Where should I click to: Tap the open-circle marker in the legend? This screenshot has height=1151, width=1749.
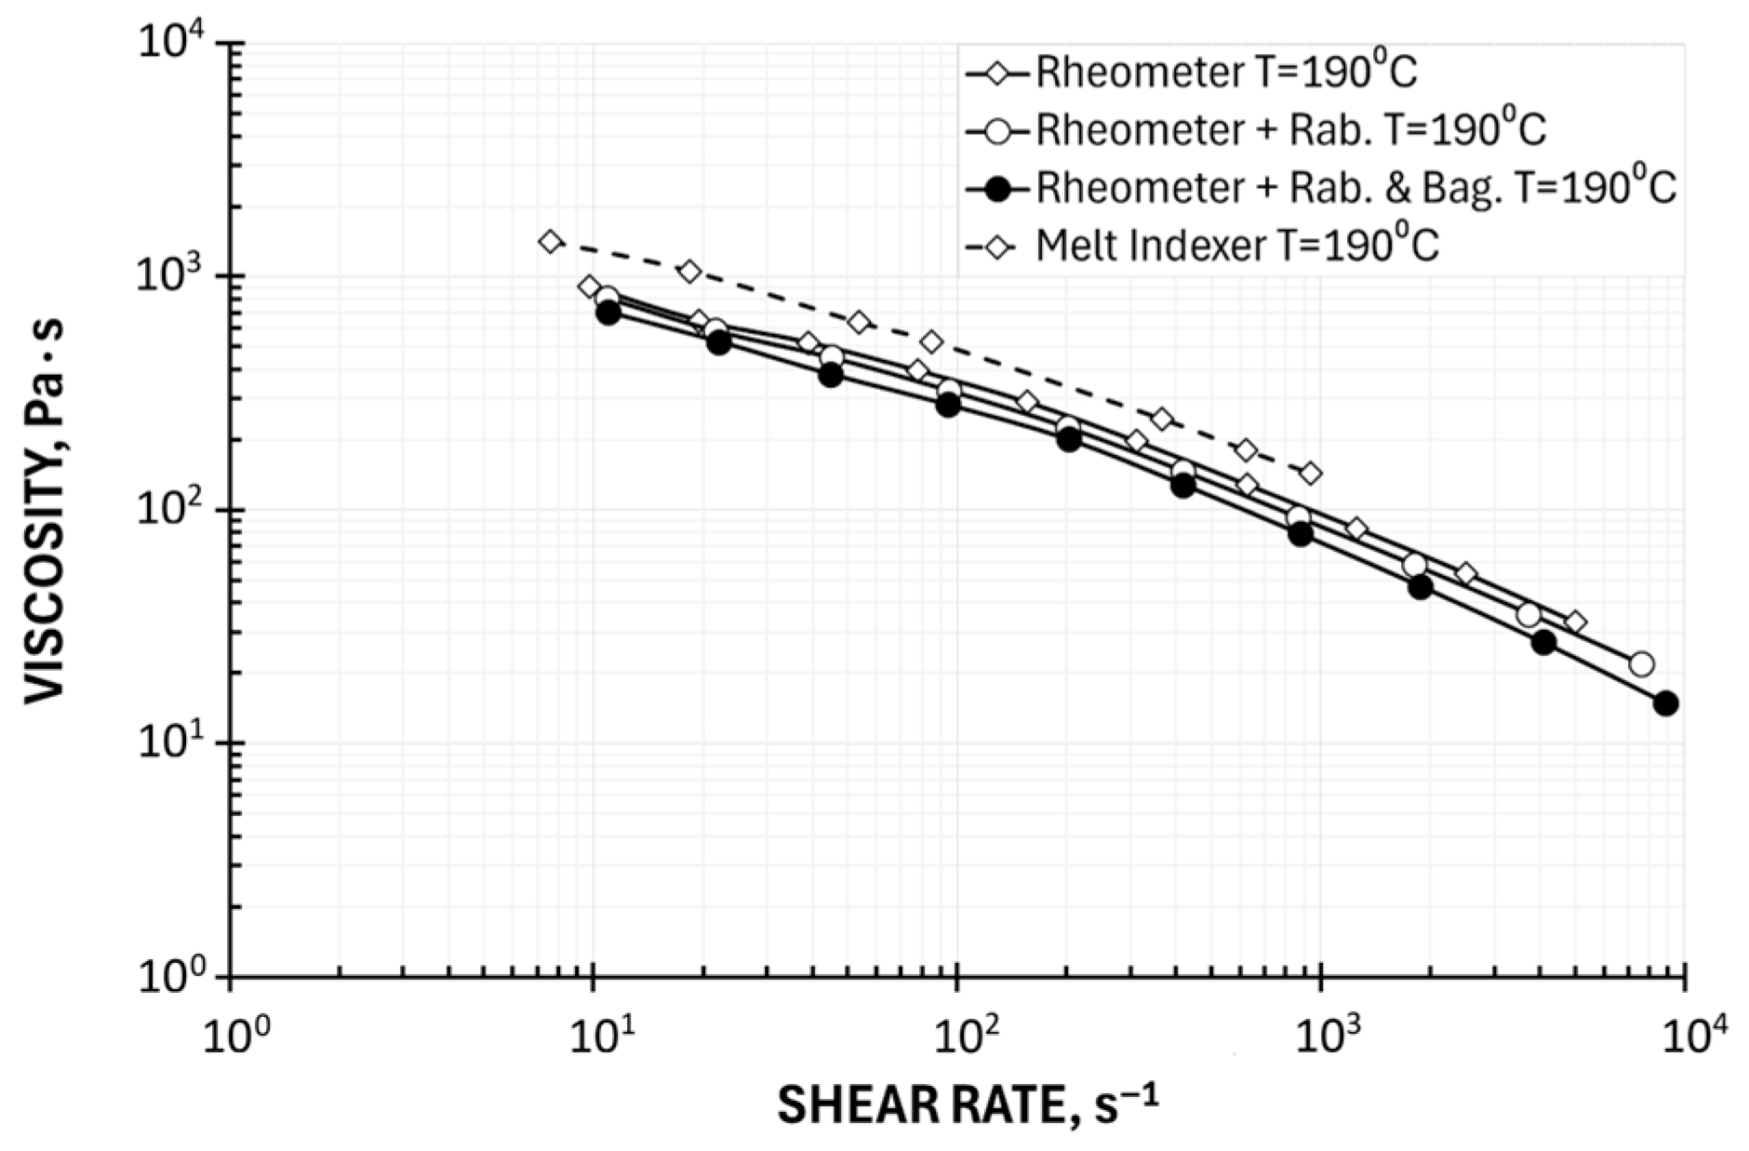pos(999,130)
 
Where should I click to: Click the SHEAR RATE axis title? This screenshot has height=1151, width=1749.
pos(968,1106)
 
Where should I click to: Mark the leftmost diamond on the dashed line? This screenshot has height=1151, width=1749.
pos(550,242)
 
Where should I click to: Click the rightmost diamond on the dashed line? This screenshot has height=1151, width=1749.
pos(1310,474)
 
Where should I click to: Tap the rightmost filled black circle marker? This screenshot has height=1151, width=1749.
pos(1665,703)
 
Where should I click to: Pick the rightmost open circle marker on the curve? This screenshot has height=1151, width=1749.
pos(1642,664)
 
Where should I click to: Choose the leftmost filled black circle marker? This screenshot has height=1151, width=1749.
pos(608,313)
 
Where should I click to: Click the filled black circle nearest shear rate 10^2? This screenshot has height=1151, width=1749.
pos(948,405)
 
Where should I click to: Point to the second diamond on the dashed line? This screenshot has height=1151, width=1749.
pos(689,272)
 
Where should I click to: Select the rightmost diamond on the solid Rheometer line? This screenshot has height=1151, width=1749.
pos(1575,622)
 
